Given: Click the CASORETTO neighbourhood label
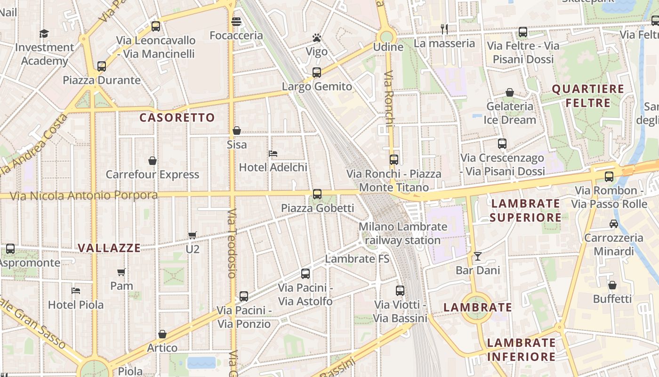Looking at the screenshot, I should [177, 118].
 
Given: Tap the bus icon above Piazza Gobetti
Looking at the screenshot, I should [317, 194].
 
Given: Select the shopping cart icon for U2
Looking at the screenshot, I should [192, 235].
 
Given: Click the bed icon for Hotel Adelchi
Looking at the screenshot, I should [273, 154].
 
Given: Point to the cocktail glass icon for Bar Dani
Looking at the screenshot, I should [478, 256].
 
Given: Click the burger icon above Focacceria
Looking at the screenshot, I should [236, 22].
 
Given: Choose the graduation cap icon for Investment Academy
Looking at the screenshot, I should [44, 33].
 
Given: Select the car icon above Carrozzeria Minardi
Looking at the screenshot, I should [613, 224].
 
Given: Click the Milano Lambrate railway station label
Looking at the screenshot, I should [403, 233].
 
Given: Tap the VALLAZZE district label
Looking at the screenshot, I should [109, 248].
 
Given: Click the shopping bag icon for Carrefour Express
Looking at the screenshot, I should [153, 161].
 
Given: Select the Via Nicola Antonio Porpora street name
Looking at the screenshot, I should [84, 196].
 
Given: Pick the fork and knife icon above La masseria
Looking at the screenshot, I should [444, 29].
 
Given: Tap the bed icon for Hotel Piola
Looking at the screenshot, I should [75, 291].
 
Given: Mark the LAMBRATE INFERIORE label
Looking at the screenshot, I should [521, 349].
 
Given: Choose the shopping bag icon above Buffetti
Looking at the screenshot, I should [612, 285].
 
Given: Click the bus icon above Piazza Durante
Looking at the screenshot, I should [102, 66].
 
